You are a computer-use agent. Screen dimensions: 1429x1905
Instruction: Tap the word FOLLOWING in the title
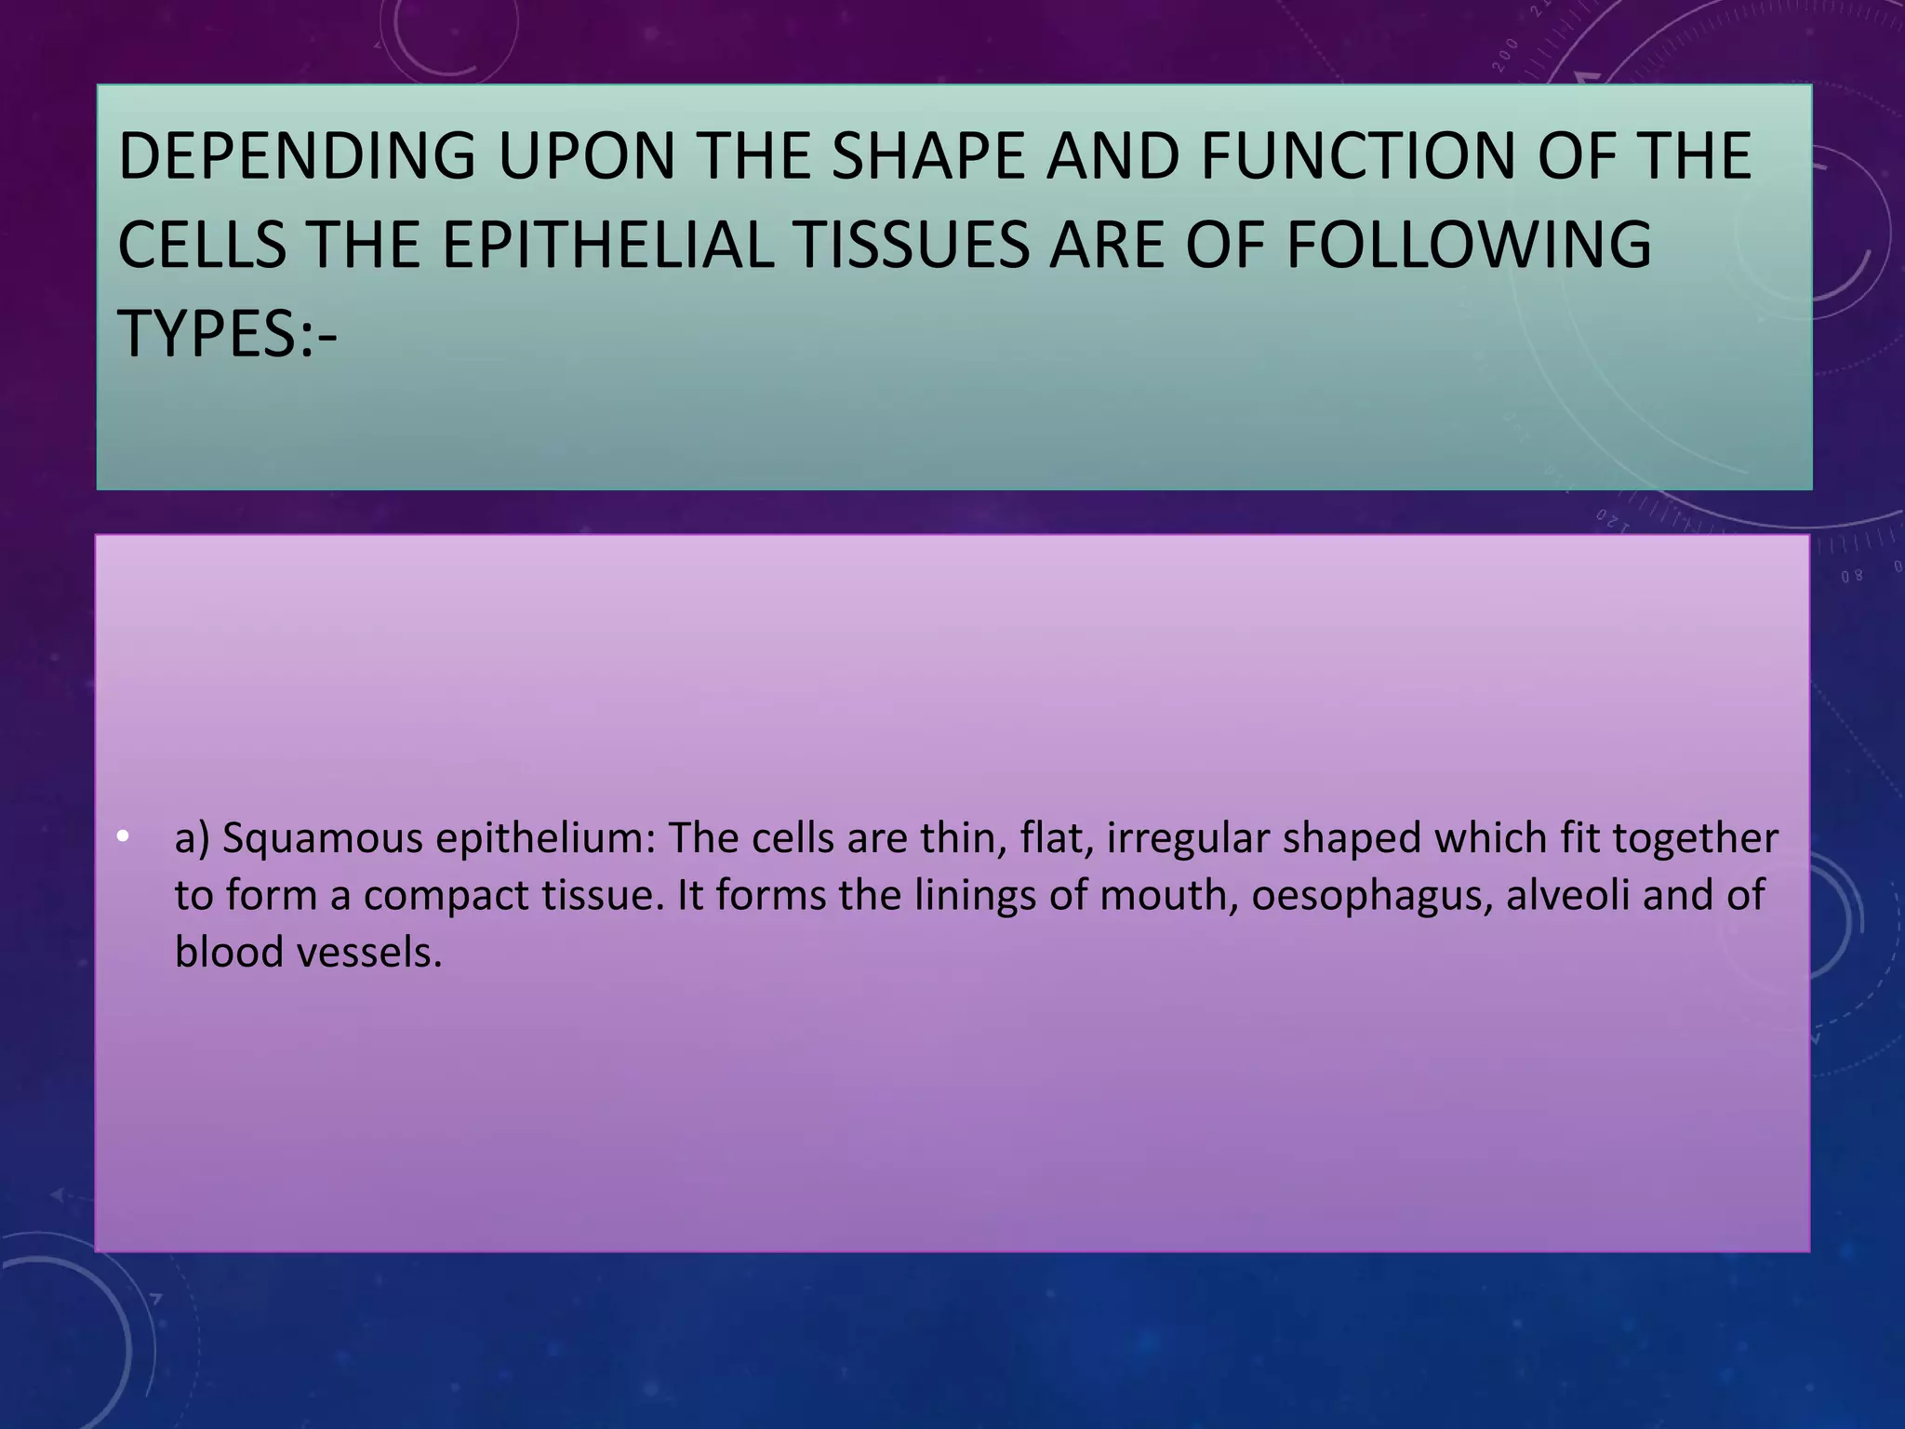point(1469,246)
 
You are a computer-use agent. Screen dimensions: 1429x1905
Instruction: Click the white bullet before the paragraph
point(122,837)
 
